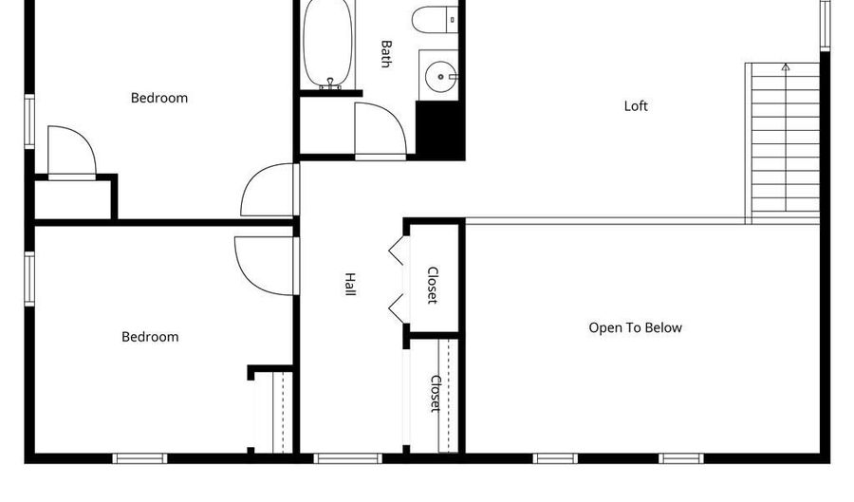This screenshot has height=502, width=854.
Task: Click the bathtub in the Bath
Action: [327, 44]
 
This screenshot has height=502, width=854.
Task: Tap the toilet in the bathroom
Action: [435, 20]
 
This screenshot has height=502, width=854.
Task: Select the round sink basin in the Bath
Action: [440, 77]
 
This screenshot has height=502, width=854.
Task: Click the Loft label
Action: [636, 105]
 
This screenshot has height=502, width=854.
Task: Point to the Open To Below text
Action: [635, 327]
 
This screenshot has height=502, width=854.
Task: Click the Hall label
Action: [350, 284]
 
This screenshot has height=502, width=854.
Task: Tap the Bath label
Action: [385, 53]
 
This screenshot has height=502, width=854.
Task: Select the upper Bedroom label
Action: [159, 98]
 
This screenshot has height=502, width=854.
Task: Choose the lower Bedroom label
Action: [150, 337]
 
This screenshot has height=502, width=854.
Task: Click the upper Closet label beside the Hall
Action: [433, 285]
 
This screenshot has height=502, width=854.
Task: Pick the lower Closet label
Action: [436, 394]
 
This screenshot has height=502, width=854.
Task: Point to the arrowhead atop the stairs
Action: [786, 67]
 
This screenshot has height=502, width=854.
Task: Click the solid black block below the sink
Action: [440, 130]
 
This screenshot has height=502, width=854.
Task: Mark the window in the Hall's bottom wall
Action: [348, 458]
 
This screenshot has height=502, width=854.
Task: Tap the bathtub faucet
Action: [330, 84]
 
